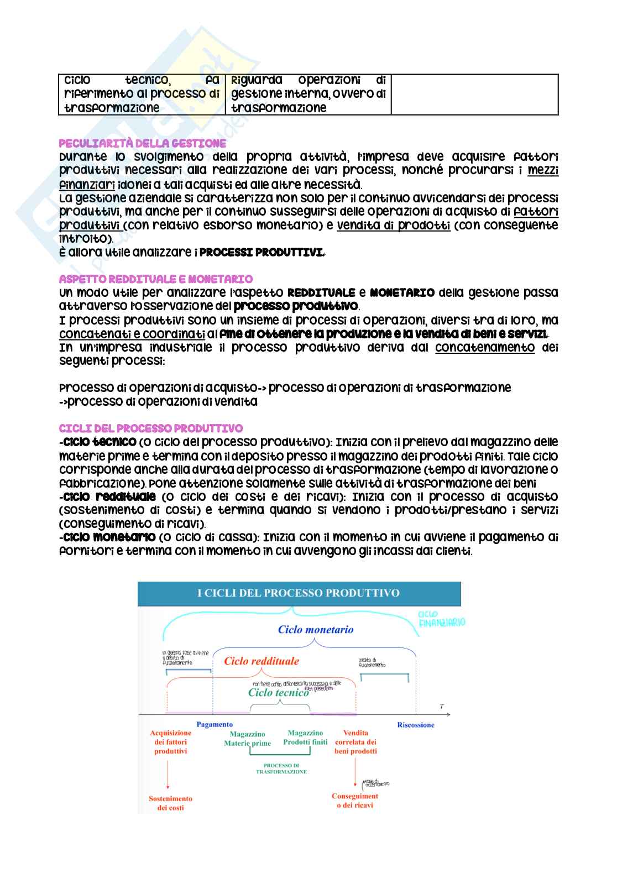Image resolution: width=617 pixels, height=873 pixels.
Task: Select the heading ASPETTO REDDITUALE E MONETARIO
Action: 155,279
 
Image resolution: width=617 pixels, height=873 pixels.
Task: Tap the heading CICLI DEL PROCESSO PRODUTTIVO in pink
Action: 150,428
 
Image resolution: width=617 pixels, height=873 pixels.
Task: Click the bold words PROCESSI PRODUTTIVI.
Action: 261,253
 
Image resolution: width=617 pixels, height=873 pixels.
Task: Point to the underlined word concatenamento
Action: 485,348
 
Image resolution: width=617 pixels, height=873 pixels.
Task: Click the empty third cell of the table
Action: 474,95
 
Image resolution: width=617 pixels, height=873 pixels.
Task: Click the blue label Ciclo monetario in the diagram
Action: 316,629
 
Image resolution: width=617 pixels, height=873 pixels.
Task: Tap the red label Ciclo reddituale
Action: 262,661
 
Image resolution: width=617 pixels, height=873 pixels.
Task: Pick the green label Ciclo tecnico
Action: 278,692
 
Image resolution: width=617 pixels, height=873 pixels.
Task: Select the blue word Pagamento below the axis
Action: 215,724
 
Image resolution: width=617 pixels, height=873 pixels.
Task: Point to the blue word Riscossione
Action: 416,725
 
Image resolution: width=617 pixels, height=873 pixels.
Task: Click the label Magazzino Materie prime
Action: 247,739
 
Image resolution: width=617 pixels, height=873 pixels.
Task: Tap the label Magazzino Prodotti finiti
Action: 305,737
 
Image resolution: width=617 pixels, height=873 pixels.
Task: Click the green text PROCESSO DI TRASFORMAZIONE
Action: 281,768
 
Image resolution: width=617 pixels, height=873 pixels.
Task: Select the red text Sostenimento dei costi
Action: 170,803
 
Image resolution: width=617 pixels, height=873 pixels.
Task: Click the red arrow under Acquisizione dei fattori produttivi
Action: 168,774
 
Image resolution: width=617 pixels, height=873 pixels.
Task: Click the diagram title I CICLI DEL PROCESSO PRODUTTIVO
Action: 299,593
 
